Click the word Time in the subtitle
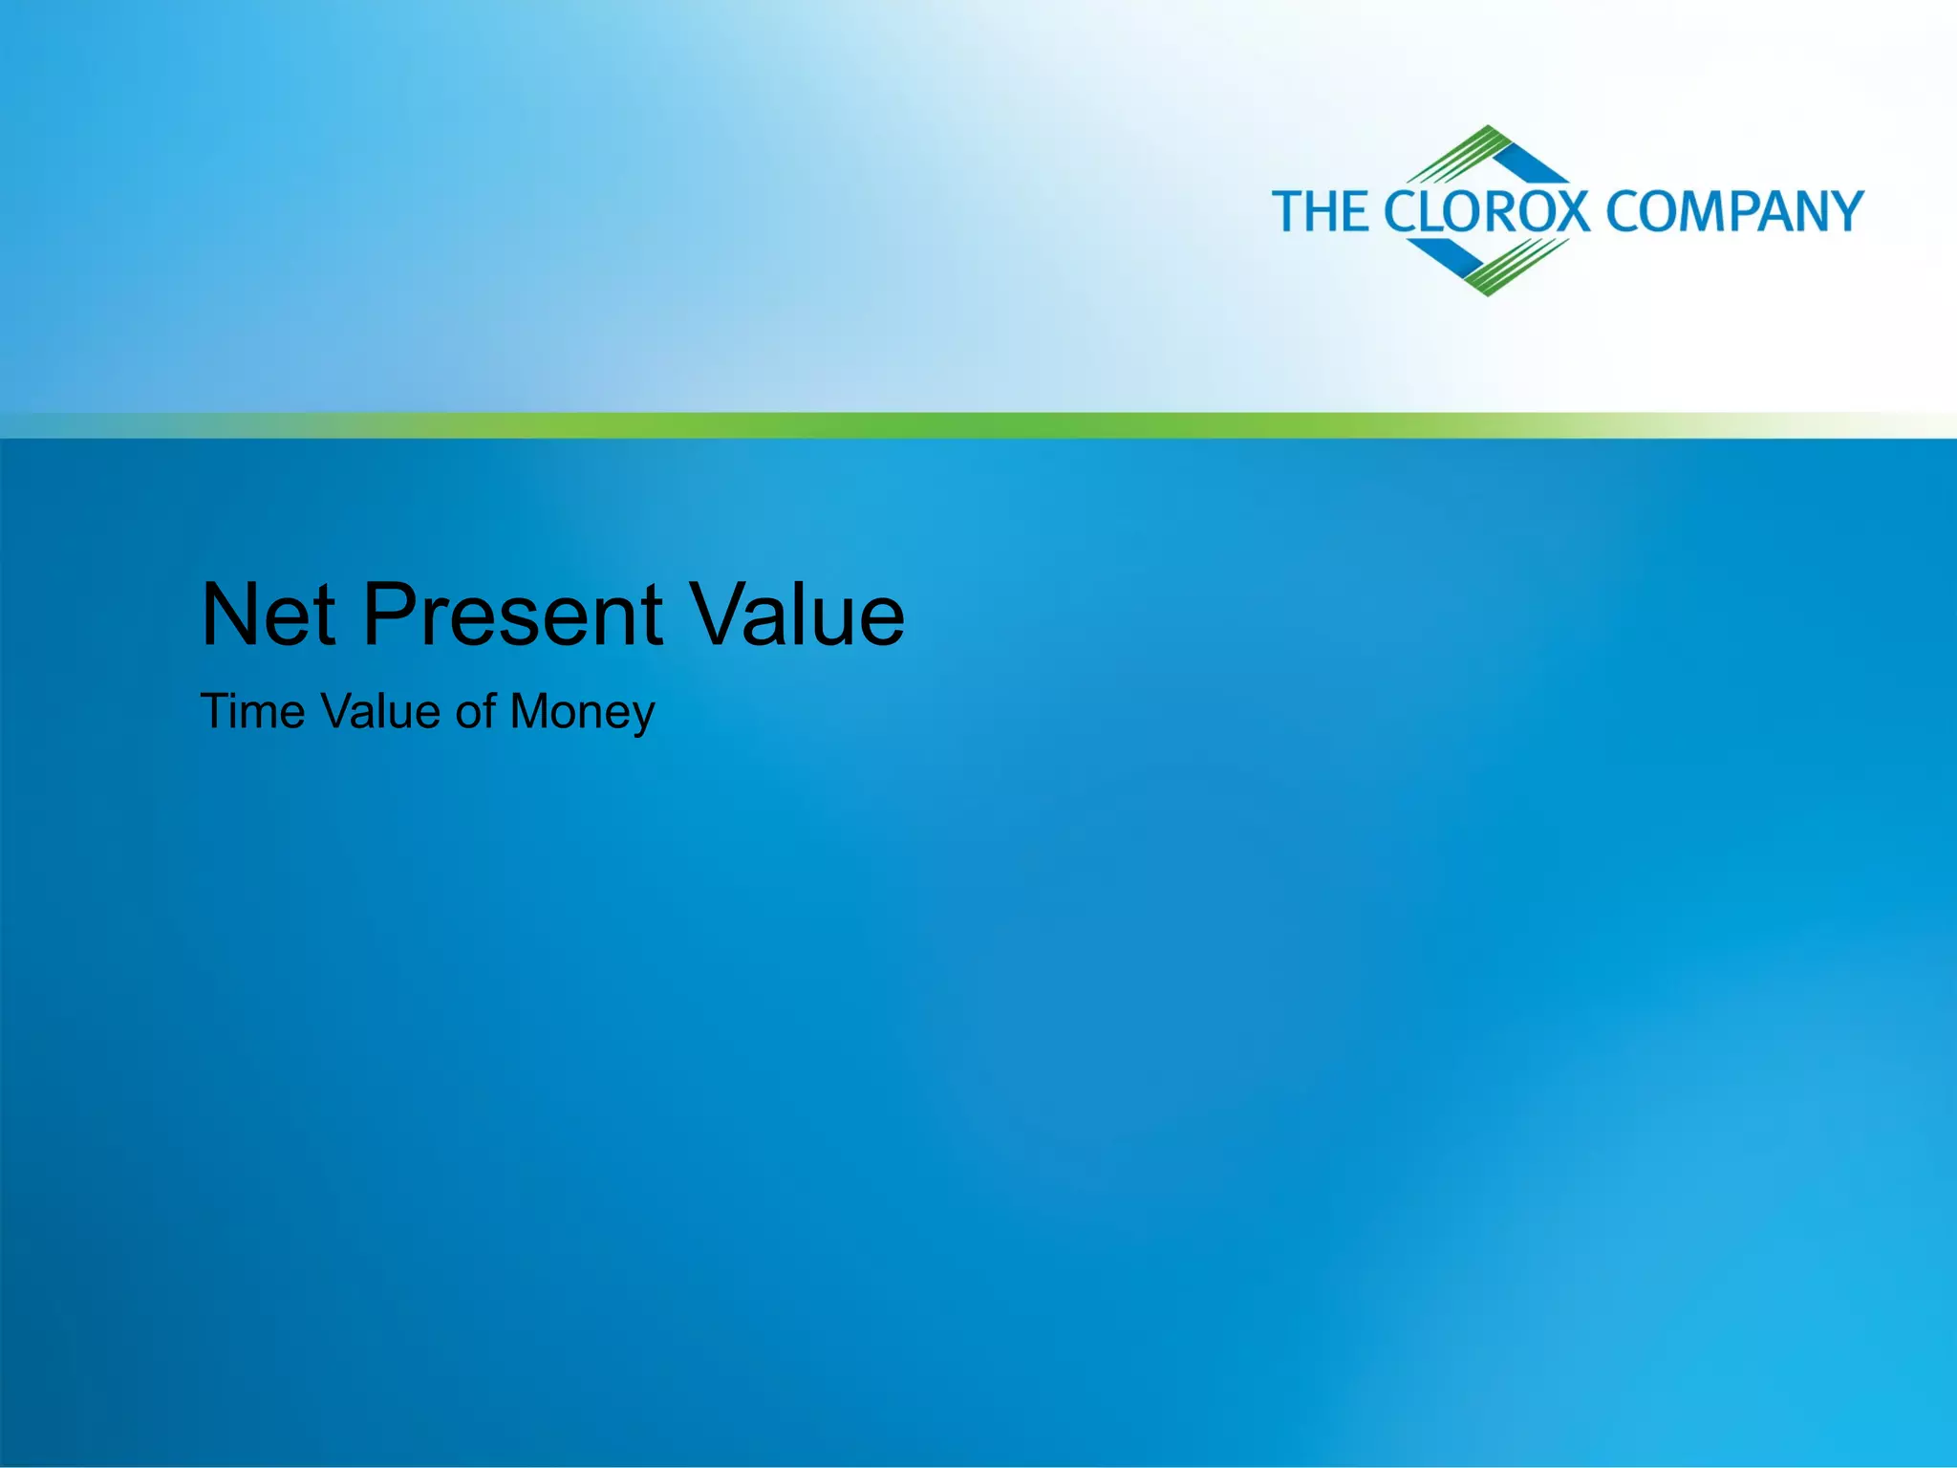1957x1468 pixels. [252, 712]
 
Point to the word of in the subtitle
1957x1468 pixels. [475, 712]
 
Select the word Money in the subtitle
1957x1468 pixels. [582, 712]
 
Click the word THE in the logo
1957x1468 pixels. [1322, 211]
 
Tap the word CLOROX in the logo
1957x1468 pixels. [1487, 211]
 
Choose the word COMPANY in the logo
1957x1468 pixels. [1734, 211]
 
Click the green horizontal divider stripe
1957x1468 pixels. [978, 425]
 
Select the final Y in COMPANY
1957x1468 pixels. [1843, 211]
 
